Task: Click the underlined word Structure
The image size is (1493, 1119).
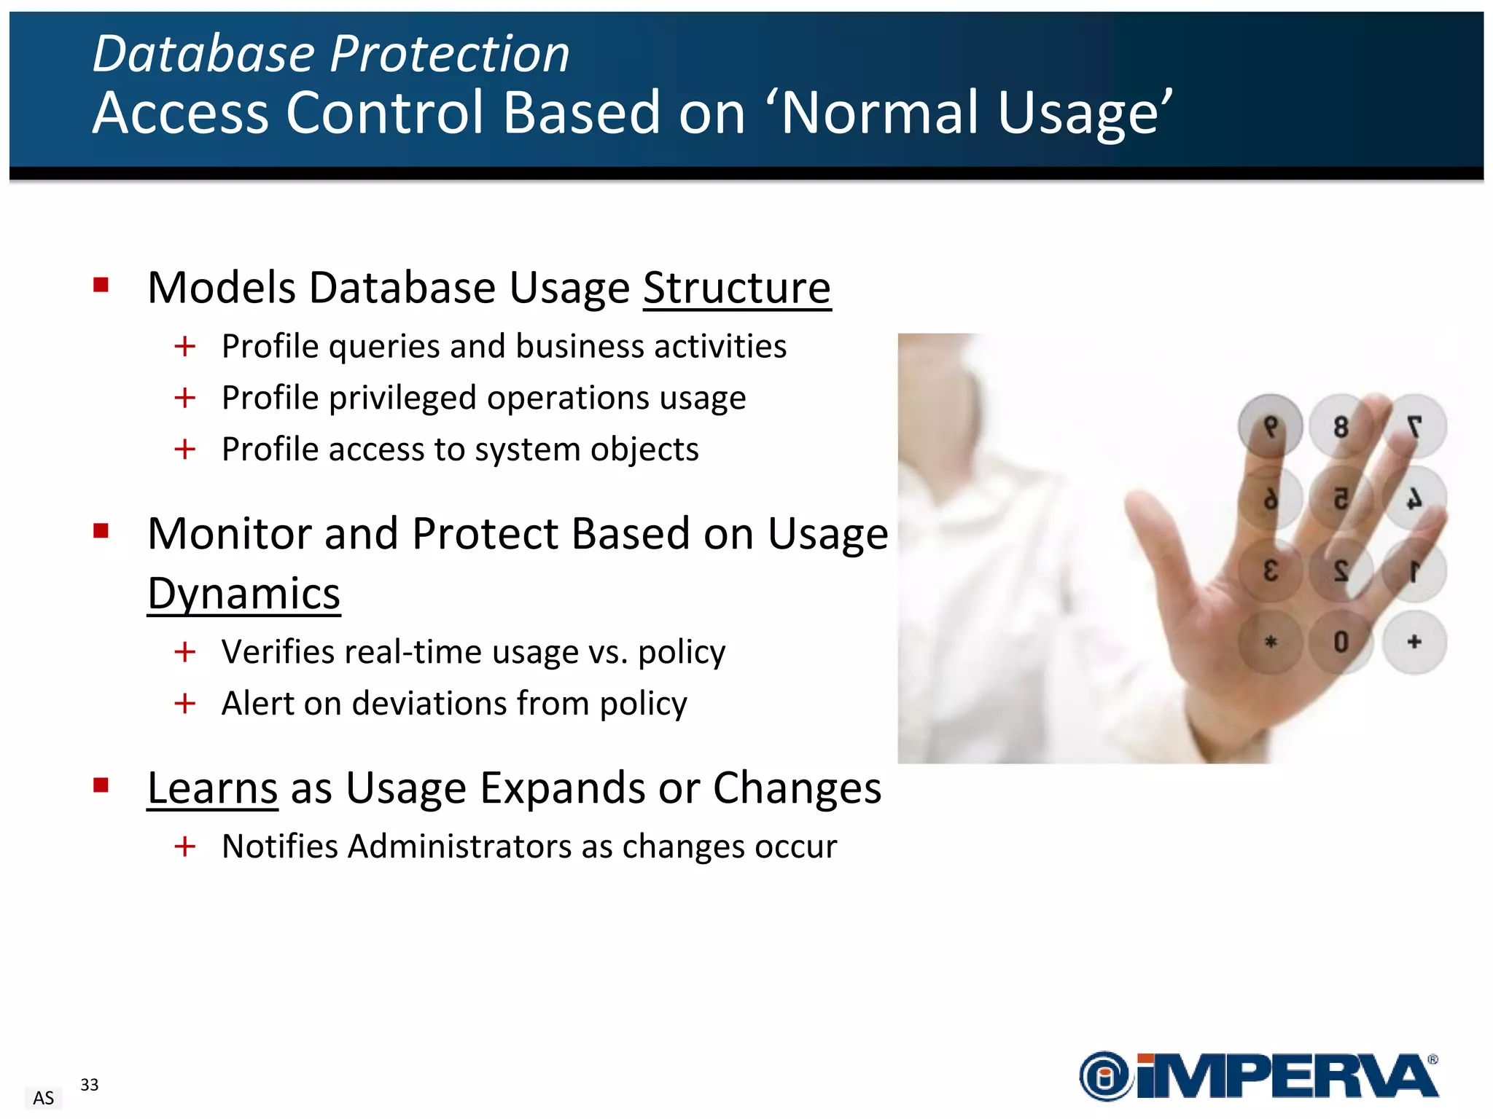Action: (736, 288)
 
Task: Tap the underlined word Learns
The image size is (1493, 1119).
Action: (212, 788)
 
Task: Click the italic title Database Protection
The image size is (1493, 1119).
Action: (330, 54)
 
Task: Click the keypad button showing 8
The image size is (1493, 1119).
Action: (1340, 427)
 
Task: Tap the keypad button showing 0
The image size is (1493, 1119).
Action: (1340, 642)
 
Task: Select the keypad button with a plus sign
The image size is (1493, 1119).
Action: (1414, 642)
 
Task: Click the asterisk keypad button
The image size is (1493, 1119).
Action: (1270, 642)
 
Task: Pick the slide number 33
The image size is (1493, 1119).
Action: (89, 1085)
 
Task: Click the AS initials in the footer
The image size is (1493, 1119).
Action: (44, 1098)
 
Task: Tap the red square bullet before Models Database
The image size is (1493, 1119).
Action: (101, 285)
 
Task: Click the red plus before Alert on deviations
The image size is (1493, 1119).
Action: (185, 704)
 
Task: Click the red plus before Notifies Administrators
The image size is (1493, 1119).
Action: (185, 847)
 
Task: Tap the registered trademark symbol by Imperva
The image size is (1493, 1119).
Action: (1432, 1060)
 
